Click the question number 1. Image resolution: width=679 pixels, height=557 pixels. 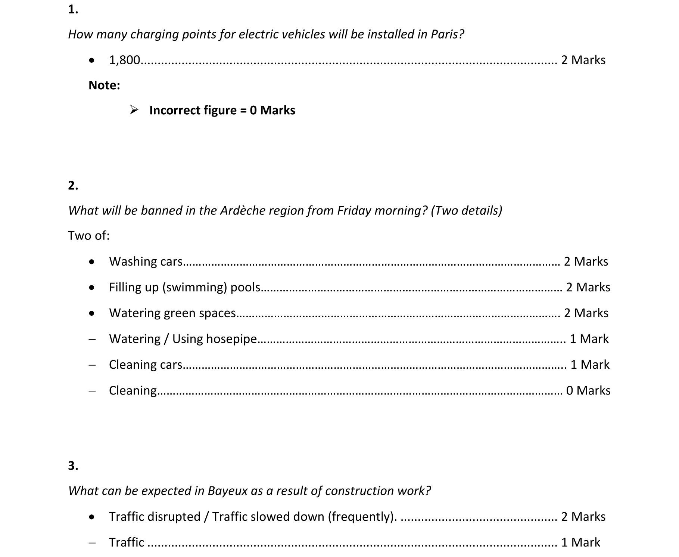[73, 9]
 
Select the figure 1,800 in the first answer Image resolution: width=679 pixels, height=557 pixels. [124, 60]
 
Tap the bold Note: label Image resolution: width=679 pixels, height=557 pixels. [104, 86]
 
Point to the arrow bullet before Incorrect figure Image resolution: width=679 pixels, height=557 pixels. [134, 110]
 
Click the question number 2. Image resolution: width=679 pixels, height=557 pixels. [73, 185]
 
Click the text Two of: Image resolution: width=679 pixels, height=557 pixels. [89, 236]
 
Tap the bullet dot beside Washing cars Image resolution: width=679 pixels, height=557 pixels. [92, 262]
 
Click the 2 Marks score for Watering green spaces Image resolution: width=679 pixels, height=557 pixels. [586, 313]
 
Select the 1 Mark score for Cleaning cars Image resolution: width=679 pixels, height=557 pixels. [590, 365]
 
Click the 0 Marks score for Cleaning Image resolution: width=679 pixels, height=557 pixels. [588, 390]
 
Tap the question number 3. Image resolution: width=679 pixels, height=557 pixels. [73, 465]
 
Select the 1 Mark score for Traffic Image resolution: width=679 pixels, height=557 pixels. [580, 542]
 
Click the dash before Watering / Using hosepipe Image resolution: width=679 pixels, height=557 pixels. [92, 339]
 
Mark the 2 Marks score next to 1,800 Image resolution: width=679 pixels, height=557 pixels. [583, 60]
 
